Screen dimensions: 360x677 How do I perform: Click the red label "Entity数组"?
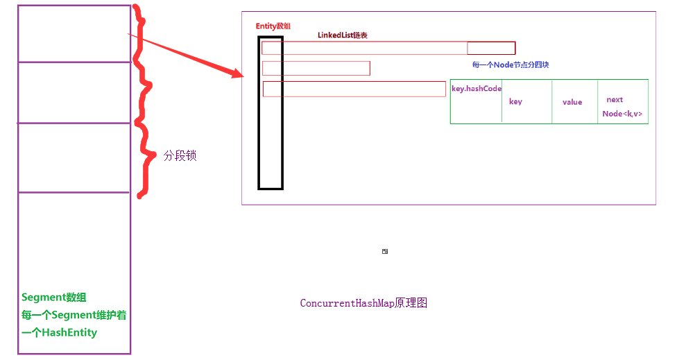click(273, 26)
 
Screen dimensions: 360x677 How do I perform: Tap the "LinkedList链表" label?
click(342, 35)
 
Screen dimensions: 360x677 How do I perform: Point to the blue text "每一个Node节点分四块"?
click(511, 65)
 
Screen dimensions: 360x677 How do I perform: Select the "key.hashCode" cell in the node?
click(476, 89)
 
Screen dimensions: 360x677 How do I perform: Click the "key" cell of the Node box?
click(515, 102)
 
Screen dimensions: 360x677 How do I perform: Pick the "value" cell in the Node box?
click(572, 103)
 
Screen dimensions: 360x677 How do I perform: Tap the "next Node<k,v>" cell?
click(622, 107)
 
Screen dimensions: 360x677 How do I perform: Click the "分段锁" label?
click(180, 156)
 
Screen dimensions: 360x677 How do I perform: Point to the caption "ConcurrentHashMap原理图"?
click(363, 304)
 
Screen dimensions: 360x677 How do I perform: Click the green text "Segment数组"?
click(54, 298)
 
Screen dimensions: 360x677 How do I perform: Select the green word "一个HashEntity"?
click(59, 333)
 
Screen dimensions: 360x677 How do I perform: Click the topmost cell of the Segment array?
click(74, 34)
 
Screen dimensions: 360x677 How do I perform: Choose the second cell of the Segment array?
click(74, 92)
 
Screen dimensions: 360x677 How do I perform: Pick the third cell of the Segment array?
click(74, 157)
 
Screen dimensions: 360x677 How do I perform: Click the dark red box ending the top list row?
click(491, 48)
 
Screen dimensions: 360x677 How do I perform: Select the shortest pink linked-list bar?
click(316, 68)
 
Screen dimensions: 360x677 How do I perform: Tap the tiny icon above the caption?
click(385, 251)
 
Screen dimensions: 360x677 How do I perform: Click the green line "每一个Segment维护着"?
click(74, 316)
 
